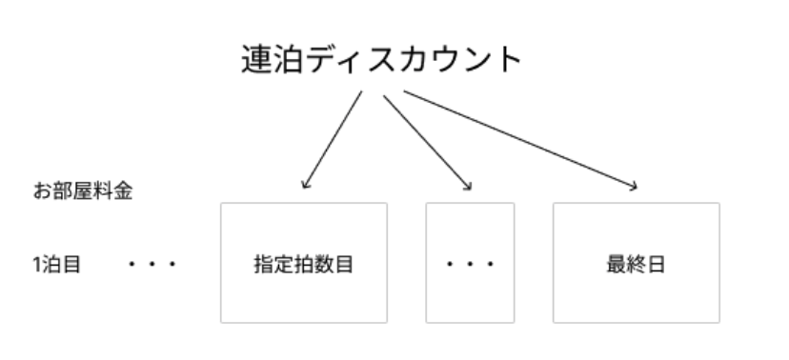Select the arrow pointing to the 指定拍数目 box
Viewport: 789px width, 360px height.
tap(333, 139)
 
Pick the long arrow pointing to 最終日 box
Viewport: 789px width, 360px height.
tap(519, 139)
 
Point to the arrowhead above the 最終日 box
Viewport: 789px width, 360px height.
tap(633, 186)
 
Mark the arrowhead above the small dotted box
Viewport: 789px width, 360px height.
tap(468, 186)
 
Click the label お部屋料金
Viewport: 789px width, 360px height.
tap(82, 191)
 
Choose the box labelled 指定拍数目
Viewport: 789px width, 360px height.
tap(304, 263)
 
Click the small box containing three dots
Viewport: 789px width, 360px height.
tap(470, 263)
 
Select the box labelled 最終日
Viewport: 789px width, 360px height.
tap(636, 263)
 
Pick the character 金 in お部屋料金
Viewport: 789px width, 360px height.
tap(123, 191)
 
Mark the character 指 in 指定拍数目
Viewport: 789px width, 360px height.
tap(263, 264)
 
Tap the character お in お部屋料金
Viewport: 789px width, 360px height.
tap(41, 191)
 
